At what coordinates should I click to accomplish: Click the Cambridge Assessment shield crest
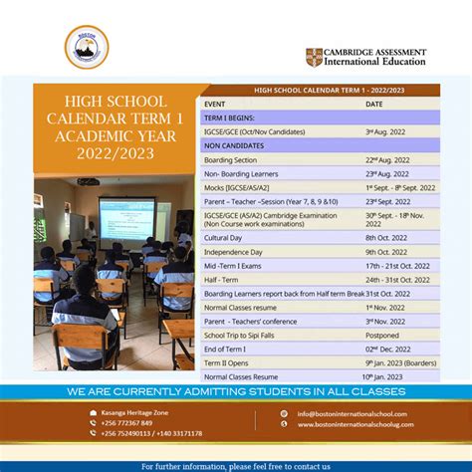pyautogui.click(x=314, y=57)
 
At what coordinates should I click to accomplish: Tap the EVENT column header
pyautogui.click(x=214, y=104)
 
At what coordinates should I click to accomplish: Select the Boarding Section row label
pyautogui.click(x=230, y=159)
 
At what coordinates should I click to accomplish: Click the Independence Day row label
pyautogui.click(x=235, y=252)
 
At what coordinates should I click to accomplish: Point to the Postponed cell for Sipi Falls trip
pyautogui.click(x=383, y=335)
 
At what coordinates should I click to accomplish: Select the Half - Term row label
pyautogui.click(x=222, y=280)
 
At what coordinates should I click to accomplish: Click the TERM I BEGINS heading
pyautogui.click(x=232, y=118)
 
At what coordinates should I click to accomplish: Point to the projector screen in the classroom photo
pyautogui.click(x=125, y=219)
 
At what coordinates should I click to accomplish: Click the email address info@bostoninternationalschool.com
pyautogui.click(x=352, y=413)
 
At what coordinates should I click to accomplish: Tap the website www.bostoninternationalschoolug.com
pyautogui.click(x=354, y=425)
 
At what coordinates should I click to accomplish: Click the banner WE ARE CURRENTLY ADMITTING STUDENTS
pyautogui.click(x=236, y=392)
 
